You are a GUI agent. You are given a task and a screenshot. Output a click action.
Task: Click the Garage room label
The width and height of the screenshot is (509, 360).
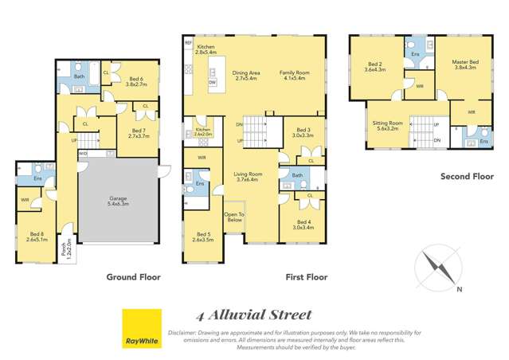[x=118, y=202]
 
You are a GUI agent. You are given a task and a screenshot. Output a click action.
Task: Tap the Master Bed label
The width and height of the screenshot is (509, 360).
[x=464, y=65]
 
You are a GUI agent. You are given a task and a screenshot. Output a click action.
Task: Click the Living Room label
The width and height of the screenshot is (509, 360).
[x=248, y=177]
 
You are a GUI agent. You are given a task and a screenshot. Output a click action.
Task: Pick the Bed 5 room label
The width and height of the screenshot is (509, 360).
[x=203, y=236]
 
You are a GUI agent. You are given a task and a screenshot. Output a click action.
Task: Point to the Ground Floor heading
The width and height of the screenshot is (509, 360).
[x=133, y=277]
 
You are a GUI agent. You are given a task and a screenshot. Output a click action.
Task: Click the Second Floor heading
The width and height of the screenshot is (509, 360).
[x=467, y=177]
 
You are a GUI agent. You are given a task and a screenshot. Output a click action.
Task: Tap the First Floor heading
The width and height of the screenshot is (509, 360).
[x=307, y=277]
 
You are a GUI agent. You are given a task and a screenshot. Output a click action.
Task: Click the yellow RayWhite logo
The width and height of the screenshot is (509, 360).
[x=142, y=329]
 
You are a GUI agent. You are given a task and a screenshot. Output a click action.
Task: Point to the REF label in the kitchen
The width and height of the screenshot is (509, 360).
[x=188, y=42]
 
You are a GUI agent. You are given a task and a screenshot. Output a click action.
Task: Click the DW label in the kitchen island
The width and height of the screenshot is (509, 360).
[x=212, y=82]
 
